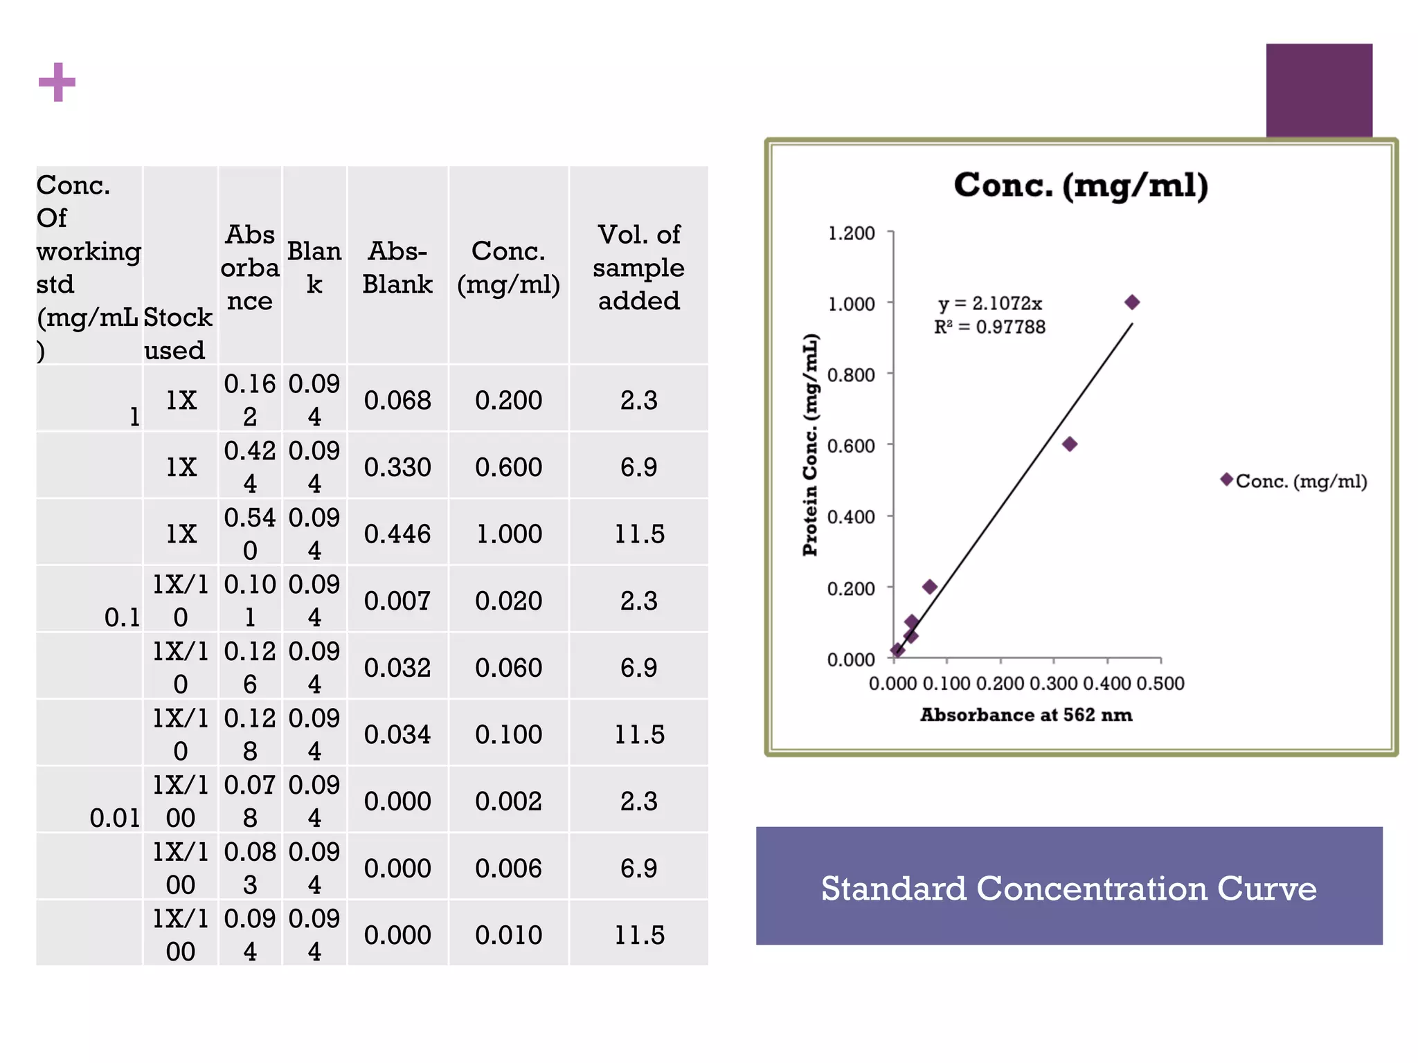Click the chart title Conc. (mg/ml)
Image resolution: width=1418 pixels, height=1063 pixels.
1080,185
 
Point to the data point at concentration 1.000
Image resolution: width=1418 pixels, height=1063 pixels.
1132,302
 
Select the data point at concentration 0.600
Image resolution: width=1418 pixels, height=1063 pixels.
1070,444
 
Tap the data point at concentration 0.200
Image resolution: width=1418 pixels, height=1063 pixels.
930,587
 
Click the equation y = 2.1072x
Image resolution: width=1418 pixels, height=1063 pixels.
989,304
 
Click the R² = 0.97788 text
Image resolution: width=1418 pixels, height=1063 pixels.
989,327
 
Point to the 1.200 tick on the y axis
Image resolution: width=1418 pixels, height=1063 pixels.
851,233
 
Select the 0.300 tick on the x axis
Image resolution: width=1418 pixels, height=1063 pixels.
1053,684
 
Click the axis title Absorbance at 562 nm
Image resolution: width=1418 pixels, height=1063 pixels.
1026,715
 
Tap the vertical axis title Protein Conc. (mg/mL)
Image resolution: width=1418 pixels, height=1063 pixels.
810,445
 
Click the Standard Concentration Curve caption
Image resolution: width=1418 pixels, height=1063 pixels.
1068,888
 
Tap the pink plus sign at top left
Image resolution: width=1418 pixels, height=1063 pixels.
57,82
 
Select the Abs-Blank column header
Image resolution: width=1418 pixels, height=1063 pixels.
397,268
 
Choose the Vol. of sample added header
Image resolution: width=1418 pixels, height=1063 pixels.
638,268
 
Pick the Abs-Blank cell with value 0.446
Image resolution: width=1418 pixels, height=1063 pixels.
397,534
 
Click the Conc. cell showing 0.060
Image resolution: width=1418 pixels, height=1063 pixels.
508,668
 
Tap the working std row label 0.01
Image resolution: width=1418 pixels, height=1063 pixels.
114,818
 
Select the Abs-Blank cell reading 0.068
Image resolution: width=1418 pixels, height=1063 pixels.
397,401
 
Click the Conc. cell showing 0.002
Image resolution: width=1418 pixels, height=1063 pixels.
508,801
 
